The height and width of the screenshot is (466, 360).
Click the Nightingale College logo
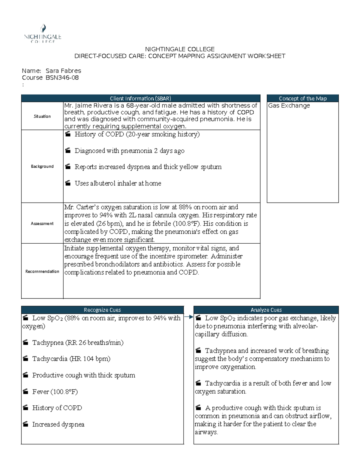click(x=43, y=34)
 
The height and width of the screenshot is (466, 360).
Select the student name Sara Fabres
click(x=63, y=71)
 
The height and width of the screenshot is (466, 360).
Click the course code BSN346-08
click(x=62, y=78)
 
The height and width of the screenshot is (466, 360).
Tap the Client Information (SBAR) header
click(x=140, y=98)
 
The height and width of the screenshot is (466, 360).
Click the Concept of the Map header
click(x=302, y=98)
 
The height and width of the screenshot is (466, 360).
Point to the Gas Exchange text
click(x=289, y=106)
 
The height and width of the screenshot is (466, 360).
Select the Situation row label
click(x=42, y=116)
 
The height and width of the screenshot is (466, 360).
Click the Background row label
click(x=42, y=166)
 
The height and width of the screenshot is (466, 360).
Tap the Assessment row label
click(x=42, y=223)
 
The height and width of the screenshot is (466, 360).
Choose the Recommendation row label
click(x=42, y=271)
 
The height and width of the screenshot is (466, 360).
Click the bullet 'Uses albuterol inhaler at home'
click(x=118, y=183)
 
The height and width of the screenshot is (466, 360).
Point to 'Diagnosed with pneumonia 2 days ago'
click(x=129, y=151)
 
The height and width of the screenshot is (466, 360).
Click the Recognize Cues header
click(x=102, y=310)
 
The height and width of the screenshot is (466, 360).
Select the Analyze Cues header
click(x=266, y=310)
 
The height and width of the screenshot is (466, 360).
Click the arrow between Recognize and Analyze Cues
click(x=189, y=317)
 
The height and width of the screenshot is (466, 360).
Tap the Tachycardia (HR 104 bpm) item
click(x=71, y=359)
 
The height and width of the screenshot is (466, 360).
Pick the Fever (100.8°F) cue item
click(x=55, y=392)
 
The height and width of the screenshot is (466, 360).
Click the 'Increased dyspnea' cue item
click(x=58, y=424)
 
